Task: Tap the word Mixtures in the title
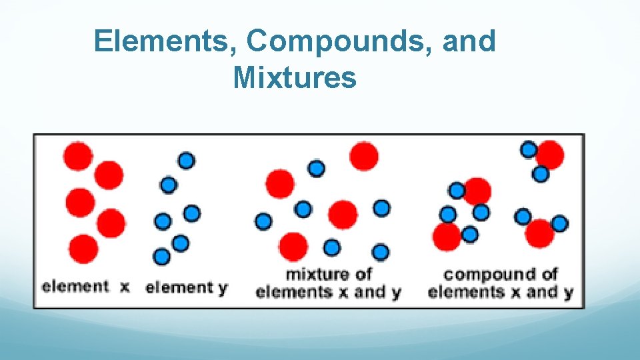tap(295, 78)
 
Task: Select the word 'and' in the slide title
tap(471, 41)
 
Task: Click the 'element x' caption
tap(85, 287)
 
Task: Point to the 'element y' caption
tap(187, 288)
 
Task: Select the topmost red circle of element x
tap(78, 156)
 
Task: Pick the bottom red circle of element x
tap(83, 249)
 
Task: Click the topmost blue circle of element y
tap(186, 160)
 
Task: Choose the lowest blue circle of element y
tap(161, 256)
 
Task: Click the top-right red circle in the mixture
tap(364, 156)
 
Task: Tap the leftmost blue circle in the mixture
tap(263, 221)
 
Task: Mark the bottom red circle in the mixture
tap(293, 247)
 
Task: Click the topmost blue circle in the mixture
tap(317, 168)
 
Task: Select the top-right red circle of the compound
tap(551, 155)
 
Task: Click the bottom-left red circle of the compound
tap(447, 235)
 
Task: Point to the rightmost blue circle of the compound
tap(559, 223)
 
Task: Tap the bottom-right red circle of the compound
tap(539, 233)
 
